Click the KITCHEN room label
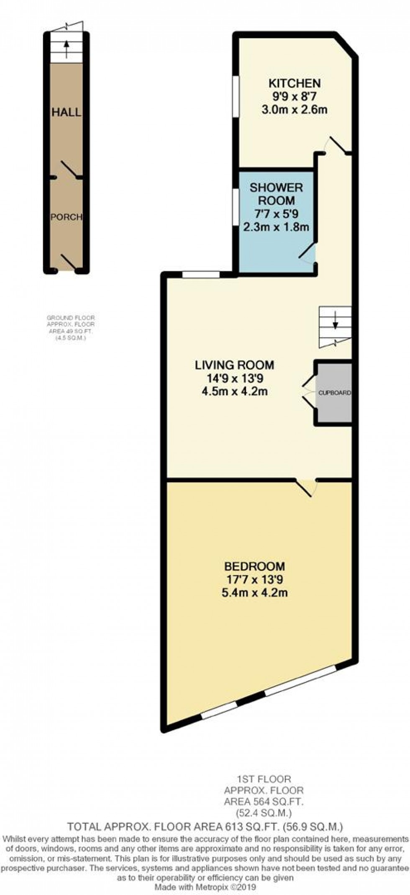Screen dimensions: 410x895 [x=295, y=83]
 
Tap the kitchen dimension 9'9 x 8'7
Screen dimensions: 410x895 [x=295, y=96]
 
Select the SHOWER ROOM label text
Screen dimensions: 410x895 [x=276, y=193]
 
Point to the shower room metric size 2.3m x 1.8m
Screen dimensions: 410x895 [x=276, y=227]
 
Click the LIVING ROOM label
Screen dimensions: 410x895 [x=235, y=365]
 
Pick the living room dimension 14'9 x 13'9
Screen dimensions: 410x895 [x=235, y=378]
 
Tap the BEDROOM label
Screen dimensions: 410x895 [x=255, y=566]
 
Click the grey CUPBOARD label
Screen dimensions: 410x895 [x=335, y=393]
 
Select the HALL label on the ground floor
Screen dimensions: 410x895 [x=66, y=112]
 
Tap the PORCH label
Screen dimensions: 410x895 [x=67, y=217]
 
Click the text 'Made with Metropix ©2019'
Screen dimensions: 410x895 [x=205, y=887]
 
